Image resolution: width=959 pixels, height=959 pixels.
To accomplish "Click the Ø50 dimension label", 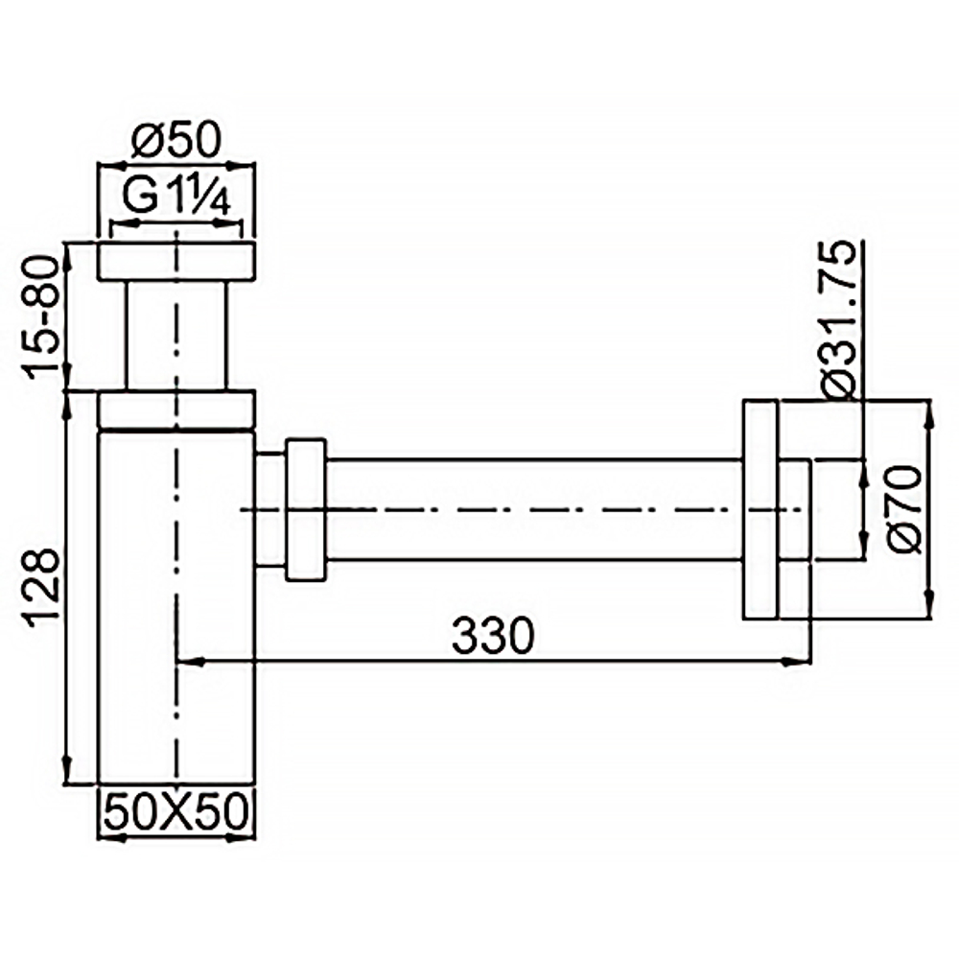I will point(176,142).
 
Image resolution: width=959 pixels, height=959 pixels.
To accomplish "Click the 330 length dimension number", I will point(492,636).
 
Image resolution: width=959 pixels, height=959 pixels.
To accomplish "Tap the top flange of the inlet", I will point(176,262).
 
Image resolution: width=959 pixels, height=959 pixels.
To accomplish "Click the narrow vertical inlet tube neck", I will point(176,336).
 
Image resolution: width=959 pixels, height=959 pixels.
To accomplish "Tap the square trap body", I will point(176,604).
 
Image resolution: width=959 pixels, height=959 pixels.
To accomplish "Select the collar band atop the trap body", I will point(176,409).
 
